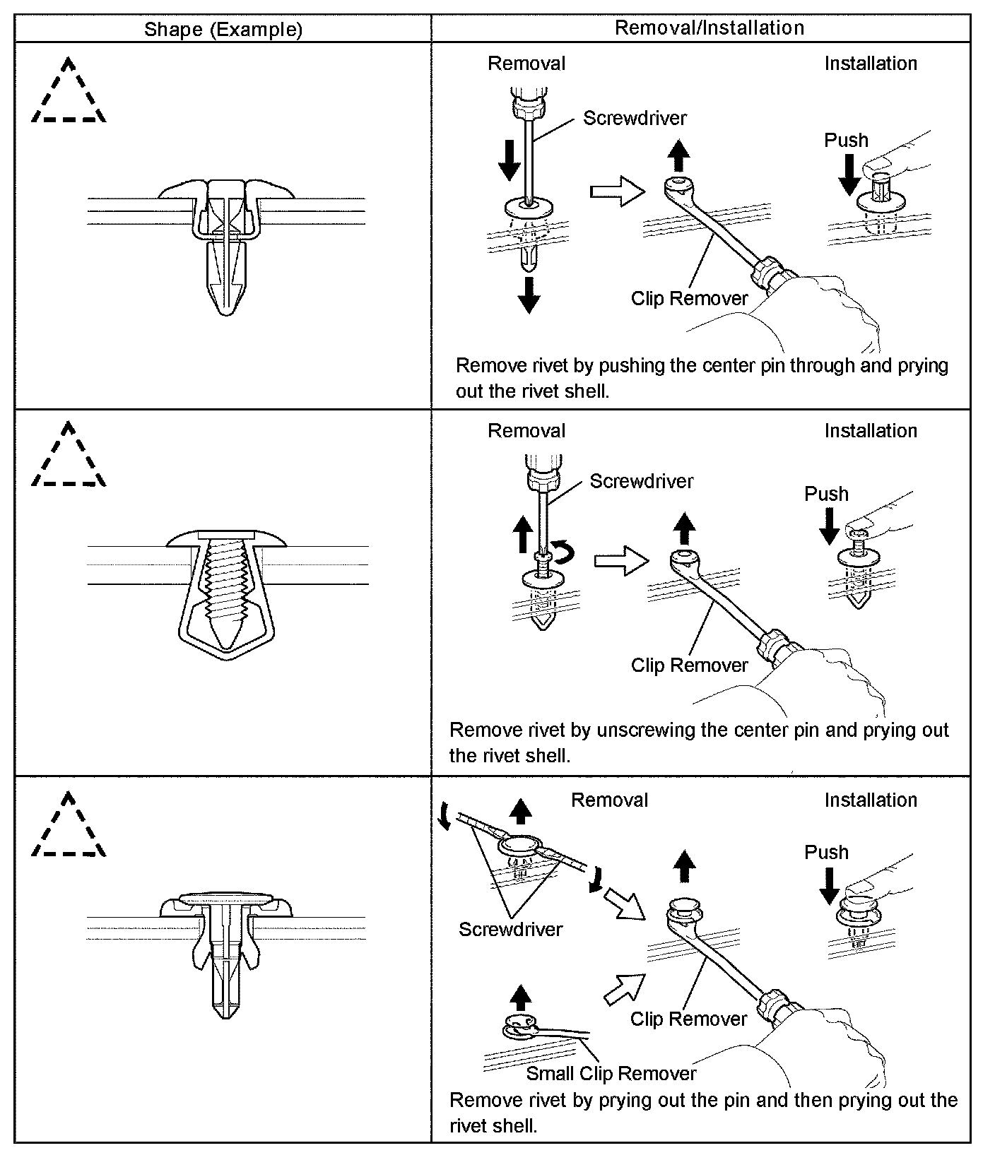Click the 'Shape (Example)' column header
pos(223,29)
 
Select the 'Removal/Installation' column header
pos(710,28)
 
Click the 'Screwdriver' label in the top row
pos(635,118)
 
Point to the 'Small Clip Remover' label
pos(611,1074)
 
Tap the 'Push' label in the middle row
pos(826,494)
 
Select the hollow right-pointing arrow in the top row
pos(617,191)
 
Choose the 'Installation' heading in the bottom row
pos(871,800)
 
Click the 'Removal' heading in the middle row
pos(526,431)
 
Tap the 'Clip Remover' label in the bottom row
pos(688,1019)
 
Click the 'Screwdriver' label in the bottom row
pos(510,929)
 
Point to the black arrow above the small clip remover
pos(521,998)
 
